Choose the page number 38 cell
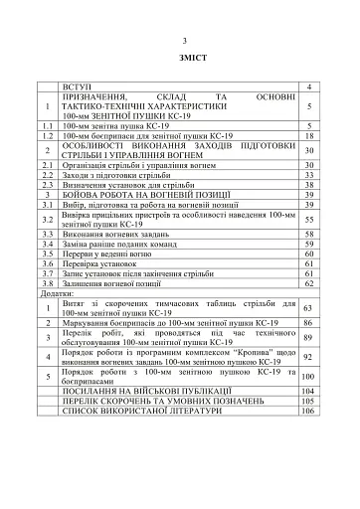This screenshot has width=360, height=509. click(x=309, y=185)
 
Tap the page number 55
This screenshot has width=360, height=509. click(x=309, y=219)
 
